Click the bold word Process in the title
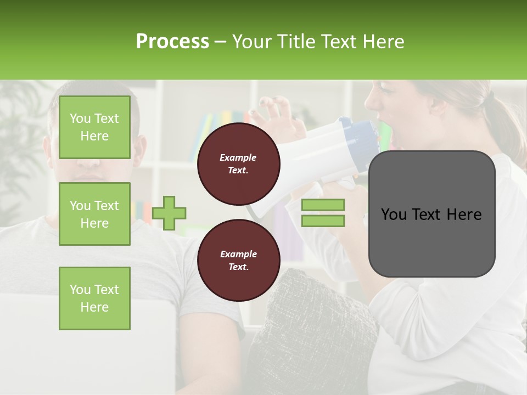[x=172, y=42]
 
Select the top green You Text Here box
[x=94, y=127]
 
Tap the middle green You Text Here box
[x=94, y=214]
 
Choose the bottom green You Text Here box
[x=94, y=298]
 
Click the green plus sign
[x=169, y=213]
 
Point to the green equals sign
[x=323, y=213]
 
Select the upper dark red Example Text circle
[x=238, y=164]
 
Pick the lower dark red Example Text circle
[x=238, y=261]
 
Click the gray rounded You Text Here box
[x=431, y=214]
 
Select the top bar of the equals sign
[x=323, y=205]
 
